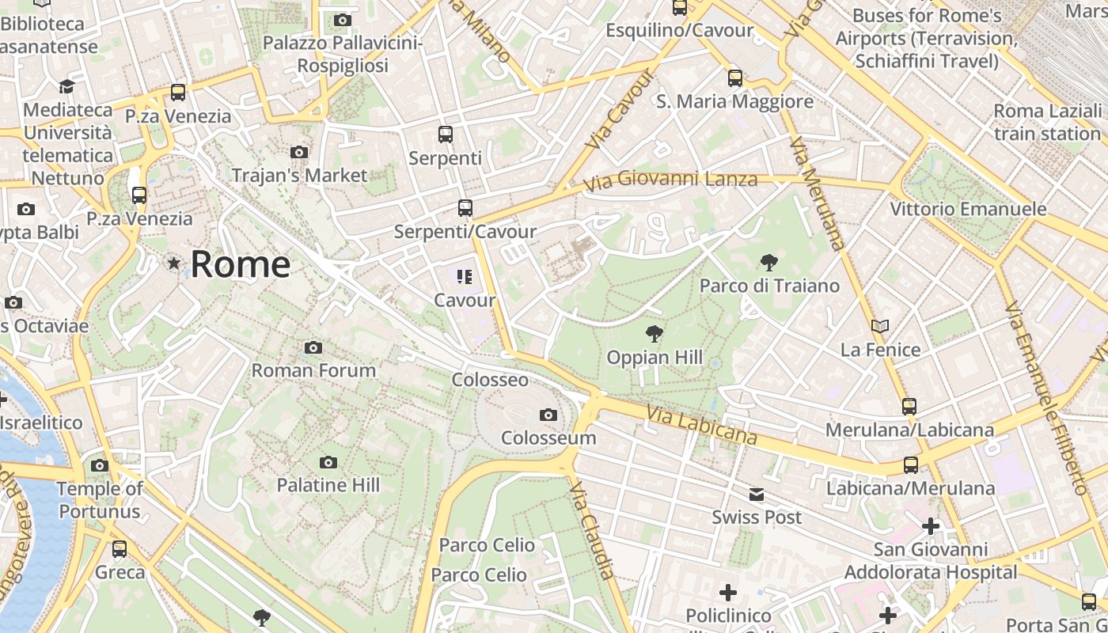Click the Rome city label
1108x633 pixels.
[x=240, y=263]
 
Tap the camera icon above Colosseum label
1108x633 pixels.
[x=548, y=415]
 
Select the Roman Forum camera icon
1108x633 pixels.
[x=313, y=347]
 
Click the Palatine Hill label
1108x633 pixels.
[x=328, y=485]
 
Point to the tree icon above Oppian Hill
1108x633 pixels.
[x=655, y=333]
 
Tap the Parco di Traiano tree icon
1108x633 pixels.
[x=768, y=262]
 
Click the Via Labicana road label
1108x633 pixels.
[x=701, y=426]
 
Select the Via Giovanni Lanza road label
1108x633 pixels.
[x=670, y=181]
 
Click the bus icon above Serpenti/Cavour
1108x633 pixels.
[x=465, y=208]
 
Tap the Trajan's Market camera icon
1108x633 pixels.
[x=299, y=152]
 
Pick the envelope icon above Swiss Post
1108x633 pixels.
[x=757, y=495]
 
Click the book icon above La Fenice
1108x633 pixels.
[x=880, y=326]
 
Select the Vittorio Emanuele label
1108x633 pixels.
[x=968, y=209]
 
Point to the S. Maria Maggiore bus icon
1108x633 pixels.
[x=735, y=78]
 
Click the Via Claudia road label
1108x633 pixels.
[x=592, y=529]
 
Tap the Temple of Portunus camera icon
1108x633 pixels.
[x=100, y=465]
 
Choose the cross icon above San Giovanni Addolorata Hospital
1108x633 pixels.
[x=931, y=525]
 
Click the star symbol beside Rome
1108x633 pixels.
[x=174, y=263]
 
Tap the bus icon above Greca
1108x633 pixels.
[x=120, y=548]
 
